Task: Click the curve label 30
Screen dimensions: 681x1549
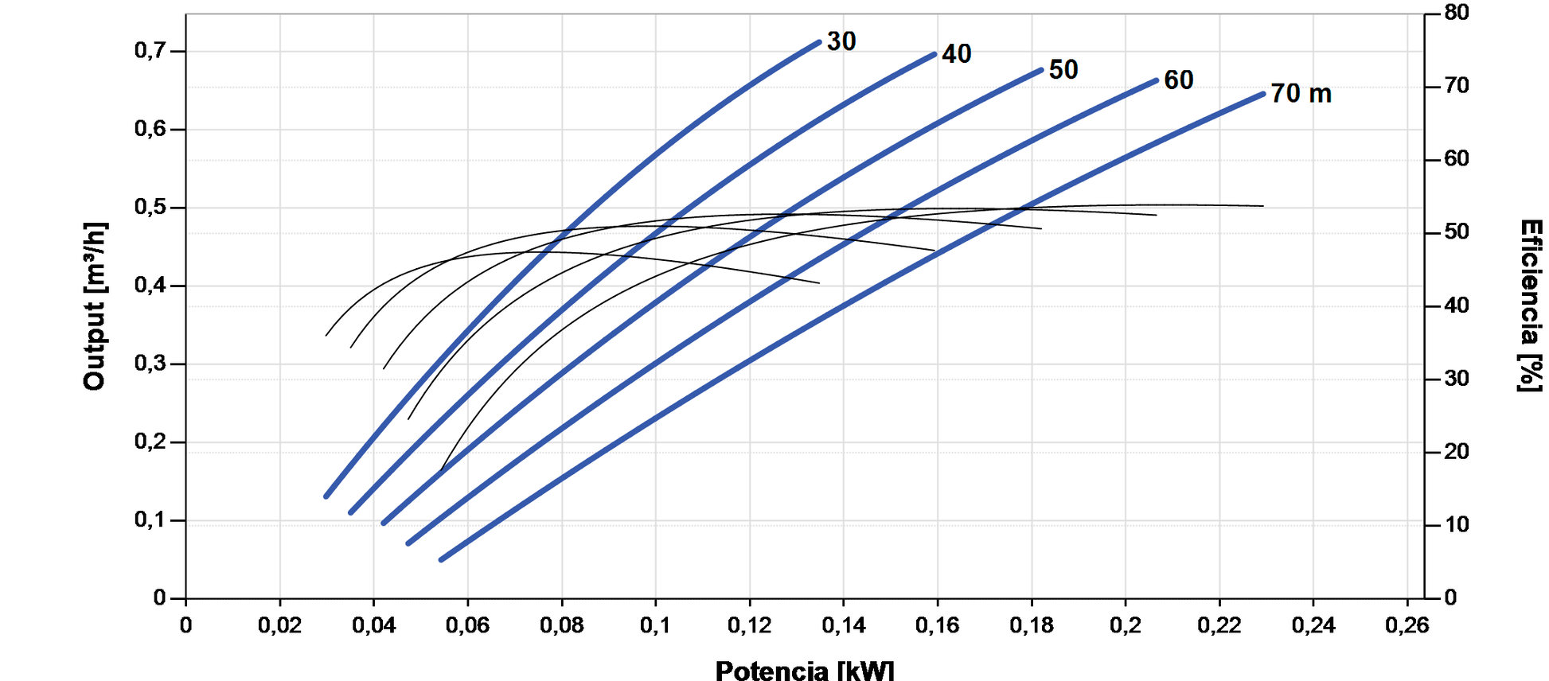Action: (x=841, y=41)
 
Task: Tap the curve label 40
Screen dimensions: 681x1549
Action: (x=956, y=54)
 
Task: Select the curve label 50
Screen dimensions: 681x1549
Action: (x=1063, y=70)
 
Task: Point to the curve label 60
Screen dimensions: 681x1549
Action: (x=1178, y=80)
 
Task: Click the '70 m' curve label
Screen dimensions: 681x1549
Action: (x=1301, y=94)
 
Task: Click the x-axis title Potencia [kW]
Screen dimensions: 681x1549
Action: (x=804, y=670)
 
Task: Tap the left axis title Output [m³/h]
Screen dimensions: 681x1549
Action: (x=95, y=306)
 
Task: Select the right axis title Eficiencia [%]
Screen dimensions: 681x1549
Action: (x=1530, y=306)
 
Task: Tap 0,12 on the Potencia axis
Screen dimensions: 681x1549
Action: (x=749, y=625)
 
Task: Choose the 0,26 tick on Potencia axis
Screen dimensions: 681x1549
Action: (x=1407, y=625)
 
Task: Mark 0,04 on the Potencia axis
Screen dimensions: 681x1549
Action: (x=373, y=625)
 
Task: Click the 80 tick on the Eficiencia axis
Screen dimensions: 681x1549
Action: (x=1457, y=13)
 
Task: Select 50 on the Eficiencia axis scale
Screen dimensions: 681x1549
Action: (x=1457, y=232)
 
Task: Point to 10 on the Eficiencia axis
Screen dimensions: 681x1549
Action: (x=1457, y=525)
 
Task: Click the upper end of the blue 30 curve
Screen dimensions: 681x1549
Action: (x=819, y=42)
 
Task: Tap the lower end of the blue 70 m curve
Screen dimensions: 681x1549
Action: (x=441, y=560)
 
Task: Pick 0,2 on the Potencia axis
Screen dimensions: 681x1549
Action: (x=1125, y=625)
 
